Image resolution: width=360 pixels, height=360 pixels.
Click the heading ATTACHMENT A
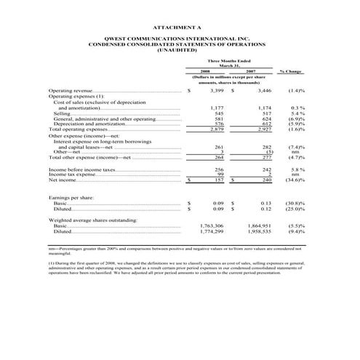pyautogui.click(x=180, y=25)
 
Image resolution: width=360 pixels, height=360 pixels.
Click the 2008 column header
pyautogui.click(x=207, y=71)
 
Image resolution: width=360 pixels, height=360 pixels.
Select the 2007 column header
pyautogui.click(x=251, y=71)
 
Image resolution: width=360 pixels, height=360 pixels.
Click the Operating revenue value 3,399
pyautogui.click(x=213, y=92)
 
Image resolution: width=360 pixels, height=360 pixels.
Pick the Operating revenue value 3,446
pyautogui.click(x=260, y=92)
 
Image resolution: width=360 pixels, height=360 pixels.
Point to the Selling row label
pyautogui.click(x=61, y=114)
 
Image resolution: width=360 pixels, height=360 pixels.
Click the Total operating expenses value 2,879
pyautogui.click(x=213, y=129)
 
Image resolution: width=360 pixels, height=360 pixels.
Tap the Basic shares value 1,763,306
pyautogui.click(x=211, y=226)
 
